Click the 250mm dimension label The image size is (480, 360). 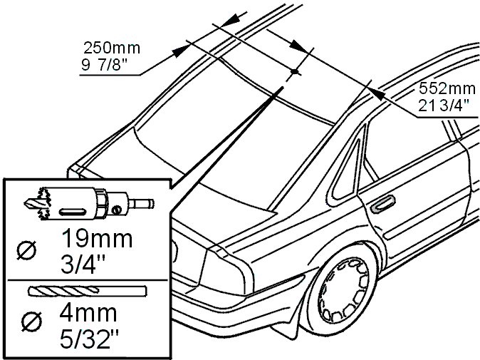(112, 48)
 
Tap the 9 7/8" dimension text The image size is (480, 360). (105, 65)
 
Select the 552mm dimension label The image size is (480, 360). (447, 88)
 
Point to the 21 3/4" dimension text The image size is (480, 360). (444, 106)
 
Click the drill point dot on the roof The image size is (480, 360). (295, 71)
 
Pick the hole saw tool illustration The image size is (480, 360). (89, 203)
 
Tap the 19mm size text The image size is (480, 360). (98, 239)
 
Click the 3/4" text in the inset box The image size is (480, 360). (83, 264)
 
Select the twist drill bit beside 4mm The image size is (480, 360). (88, 291)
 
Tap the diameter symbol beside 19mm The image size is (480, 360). (26, 250)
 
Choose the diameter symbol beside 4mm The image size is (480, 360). (32, 322)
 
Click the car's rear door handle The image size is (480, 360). (383, 203)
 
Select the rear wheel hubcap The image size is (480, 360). (343, 290)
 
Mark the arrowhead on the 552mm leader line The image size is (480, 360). (375, 93)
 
